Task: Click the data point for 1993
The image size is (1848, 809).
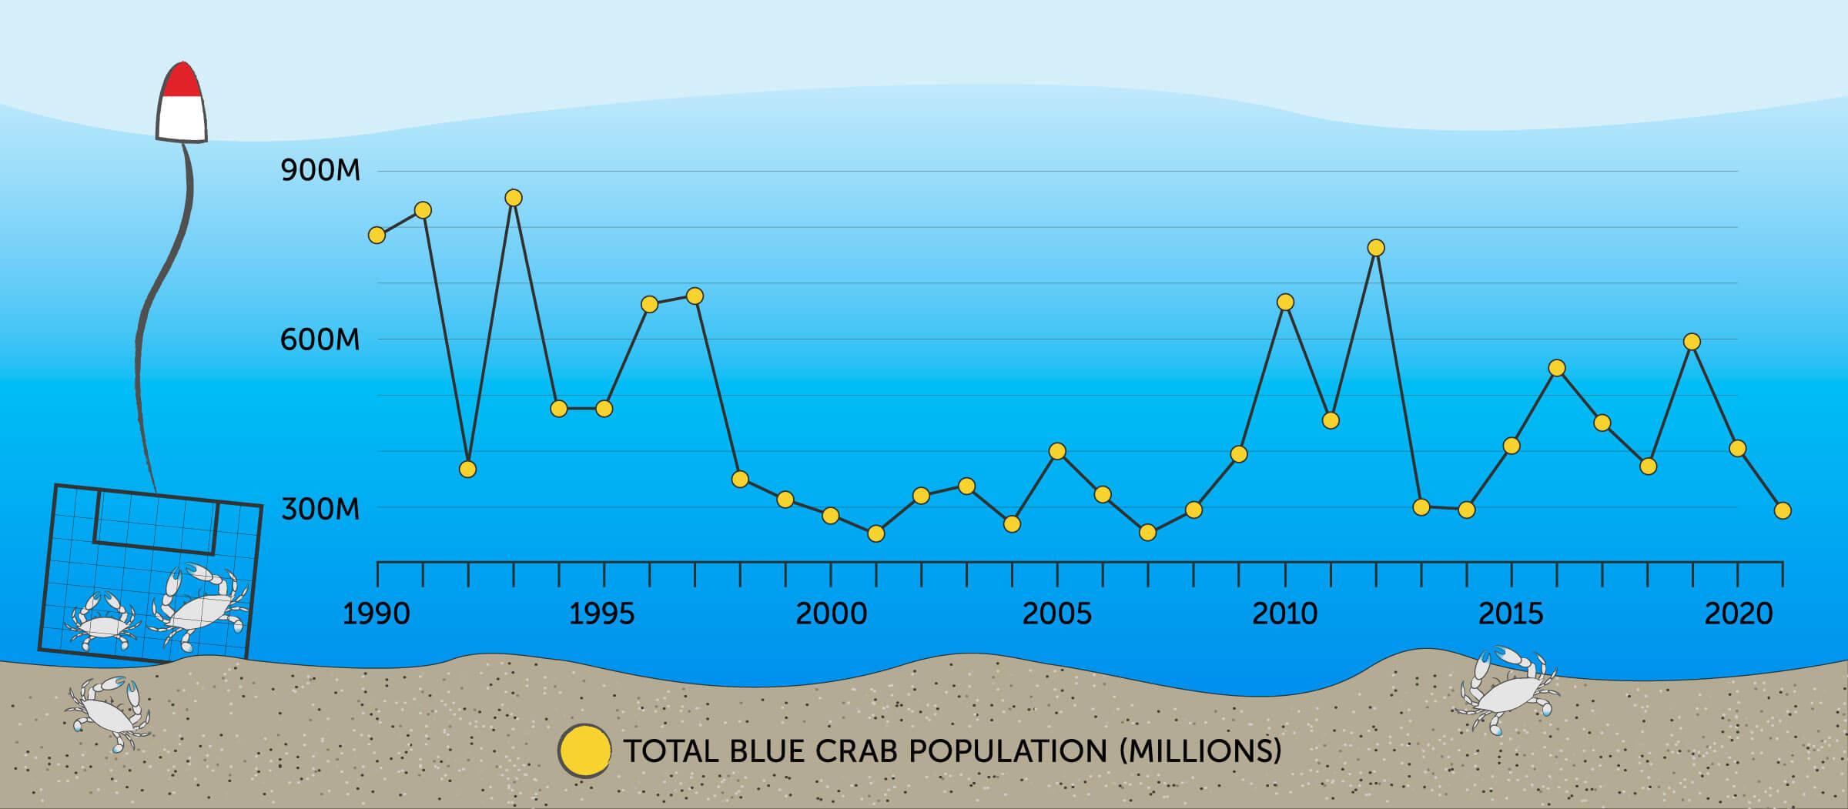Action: point(514,198)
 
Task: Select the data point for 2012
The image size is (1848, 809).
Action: point(1376,248)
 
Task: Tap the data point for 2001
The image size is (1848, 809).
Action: point(875,533)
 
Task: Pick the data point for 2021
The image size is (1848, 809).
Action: point(1783,510)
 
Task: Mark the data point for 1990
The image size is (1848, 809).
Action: point(377,235)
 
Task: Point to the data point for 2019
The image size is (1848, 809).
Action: point(1692,342)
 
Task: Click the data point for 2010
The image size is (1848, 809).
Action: point(1285,302)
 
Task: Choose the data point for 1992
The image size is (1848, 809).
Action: point(467,469)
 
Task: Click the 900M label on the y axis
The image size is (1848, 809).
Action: point(320,171)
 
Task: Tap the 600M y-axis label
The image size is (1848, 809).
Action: point(320,339)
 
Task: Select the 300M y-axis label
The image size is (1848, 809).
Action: point(320,509)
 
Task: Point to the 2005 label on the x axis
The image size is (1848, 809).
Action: point(1057,614)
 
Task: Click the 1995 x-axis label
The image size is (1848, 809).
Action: point(602,614)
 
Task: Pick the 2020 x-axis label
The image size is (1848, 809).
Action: point(1739,614)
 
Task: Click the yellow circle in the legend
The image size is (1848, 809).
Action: point(584,749)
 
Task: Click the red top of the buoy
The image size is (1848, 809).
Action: point(181,79)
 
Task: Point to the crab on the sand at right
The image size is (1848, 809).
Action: point(1508,689)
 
